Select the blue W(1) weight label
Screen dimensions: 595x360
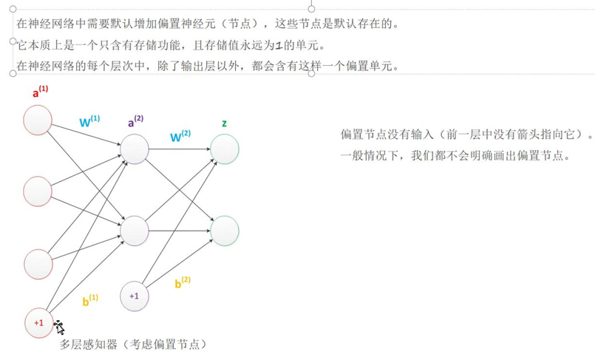point(89,121)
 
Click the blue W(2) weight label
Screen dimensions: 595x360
point(180,136)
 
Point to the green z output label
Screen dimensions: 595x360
point(224,123)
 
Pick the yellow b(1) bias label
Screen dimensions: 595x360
point(90,299)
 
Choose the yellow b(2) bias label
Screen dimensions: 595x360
point(183,282)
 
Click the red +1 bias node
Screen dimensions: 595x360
point(38,322)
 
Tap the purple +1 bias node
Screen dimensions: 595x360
point(134,296)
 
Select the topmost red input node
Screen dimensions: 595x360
point(38,120)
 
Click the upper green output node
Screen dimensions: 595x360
point(225,149)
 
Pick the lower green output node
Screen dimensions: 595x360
point(225,231)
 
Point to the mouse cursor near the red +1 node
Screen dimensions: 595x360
point(59,327)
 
